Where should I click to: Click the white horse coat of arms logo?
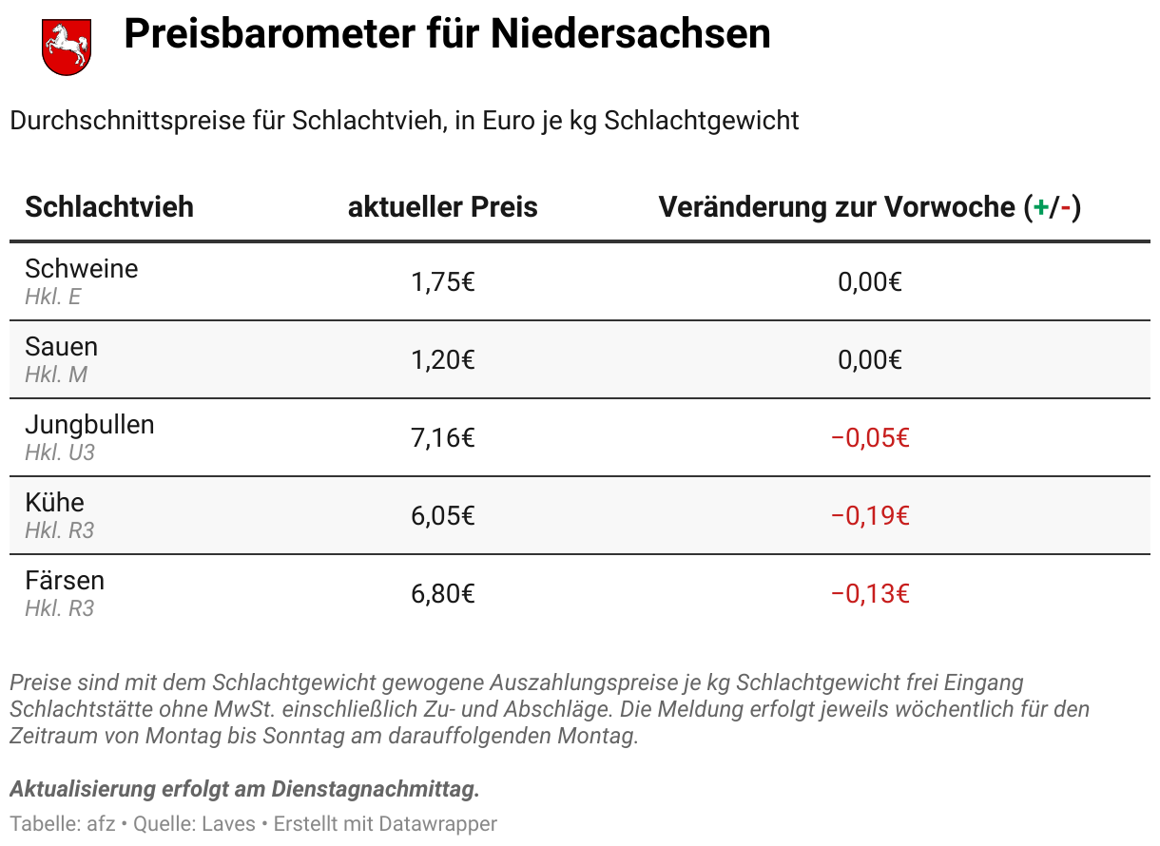point(66,46)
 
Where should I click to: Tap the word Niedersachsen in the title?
point(630,35)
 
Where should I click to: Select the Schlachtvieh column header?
point(109,206)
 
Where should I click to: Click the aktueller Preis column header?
point(442,206)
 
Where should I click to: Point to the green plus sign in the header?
point(1040,207)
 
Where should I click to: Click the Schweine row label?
point(81,269)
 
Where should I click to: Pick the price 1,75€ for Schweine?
point(442,282)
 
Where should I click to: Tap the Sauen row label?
point(61,347)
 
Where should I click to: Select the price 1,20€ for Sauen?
point(442,360)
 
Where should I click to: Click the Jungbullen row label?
point(89,425)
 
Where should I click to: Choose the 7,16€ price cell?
point(442,438)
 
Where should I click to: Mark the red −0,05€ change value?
point(870,438)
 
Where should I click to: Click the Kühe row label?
point(54,503)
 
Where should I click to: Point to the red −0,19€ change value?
point(870,516)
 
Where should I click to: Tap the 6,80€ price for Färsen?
point(442,594)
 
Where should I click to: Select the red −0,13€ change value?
point(870,594)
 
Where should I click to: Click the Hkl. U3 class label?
point(60,452)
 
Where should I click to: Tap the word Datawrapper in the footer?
point(437,824)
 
